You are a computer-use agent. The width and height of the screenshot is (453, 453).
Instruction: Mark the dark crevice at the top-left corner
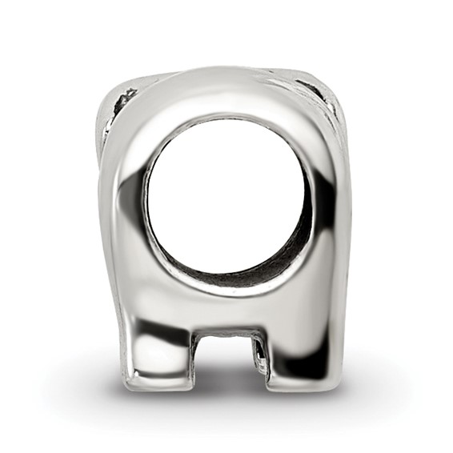125,101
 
